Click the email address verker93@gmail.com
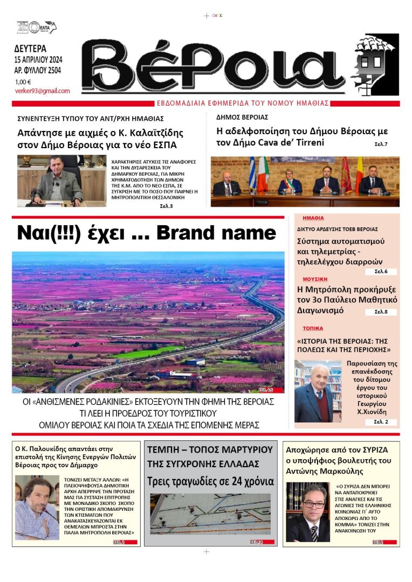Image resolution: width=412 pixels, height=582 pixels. tap(42, 91)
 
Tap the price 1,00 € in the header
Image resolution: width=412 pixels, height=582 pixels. tap(23, 81)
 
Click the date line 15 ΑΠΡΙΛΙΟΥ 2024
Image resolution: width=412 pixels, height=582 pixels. tap(38, 59)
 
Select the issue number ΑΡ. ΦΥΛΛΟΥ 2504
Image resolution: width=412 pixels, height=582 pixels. tap(38, 70)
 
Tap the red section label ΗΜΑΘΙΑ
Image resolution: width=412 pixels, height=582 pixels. tap(313, 218)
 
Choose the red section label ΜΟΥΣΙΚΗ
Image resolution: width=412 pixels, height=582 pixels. tap(315, 279)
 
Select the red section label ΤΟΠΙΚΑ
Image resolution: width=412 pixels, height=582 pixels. tap(313, 328)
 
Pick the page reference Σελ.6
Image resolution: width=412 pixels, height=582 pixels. tap(381, 271)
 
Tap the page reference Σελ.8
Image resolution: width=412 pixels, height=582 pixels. tap(381, 311)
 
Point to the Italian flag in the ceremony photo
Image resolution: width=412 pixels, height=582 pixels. tap(263, 174)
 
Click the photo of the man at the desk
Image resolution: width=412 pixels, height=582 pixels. tap(61, 181)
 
